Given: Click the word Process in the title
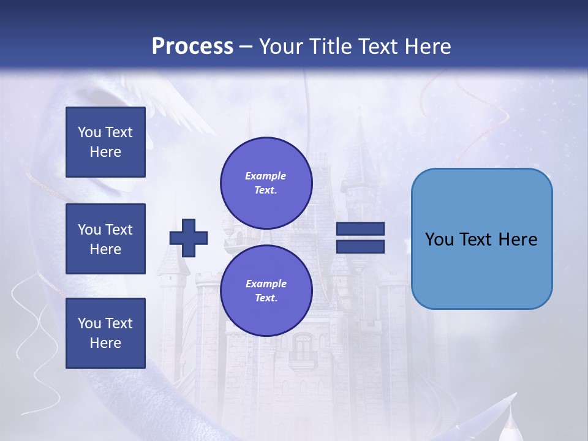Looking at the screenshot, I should click(192, 46).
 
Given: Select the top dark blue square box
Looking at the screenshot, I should click(105, 142).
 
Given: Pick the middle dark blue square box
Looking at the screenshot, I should click(105, 239).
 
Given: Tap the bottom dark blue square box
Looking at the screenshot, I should click(105, 333).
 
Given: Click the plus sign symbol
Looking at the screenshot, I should click(189, 238).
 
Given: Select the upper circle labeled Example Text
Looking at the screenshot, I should click(266, 183).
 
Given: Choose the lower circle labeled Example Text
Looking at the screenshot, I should click(266, 290).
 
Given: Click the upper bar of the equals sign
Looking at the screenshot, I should click(360, 229).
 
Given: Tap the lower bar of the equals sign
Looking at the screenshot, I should click(360, 246).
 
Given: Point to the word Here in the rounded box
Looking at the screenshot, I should click(518, 239).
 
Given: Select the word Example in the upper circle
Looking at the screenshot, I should click(265, 176).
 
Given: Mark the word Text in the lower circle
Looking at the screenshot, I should click(265, 298).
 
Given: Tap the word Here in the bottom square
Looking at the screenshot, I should click(105, 343).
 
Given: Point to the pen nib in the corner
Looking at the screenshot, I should click(508, 423).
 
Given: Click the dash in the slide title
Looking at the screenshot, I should click(246, 47).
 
